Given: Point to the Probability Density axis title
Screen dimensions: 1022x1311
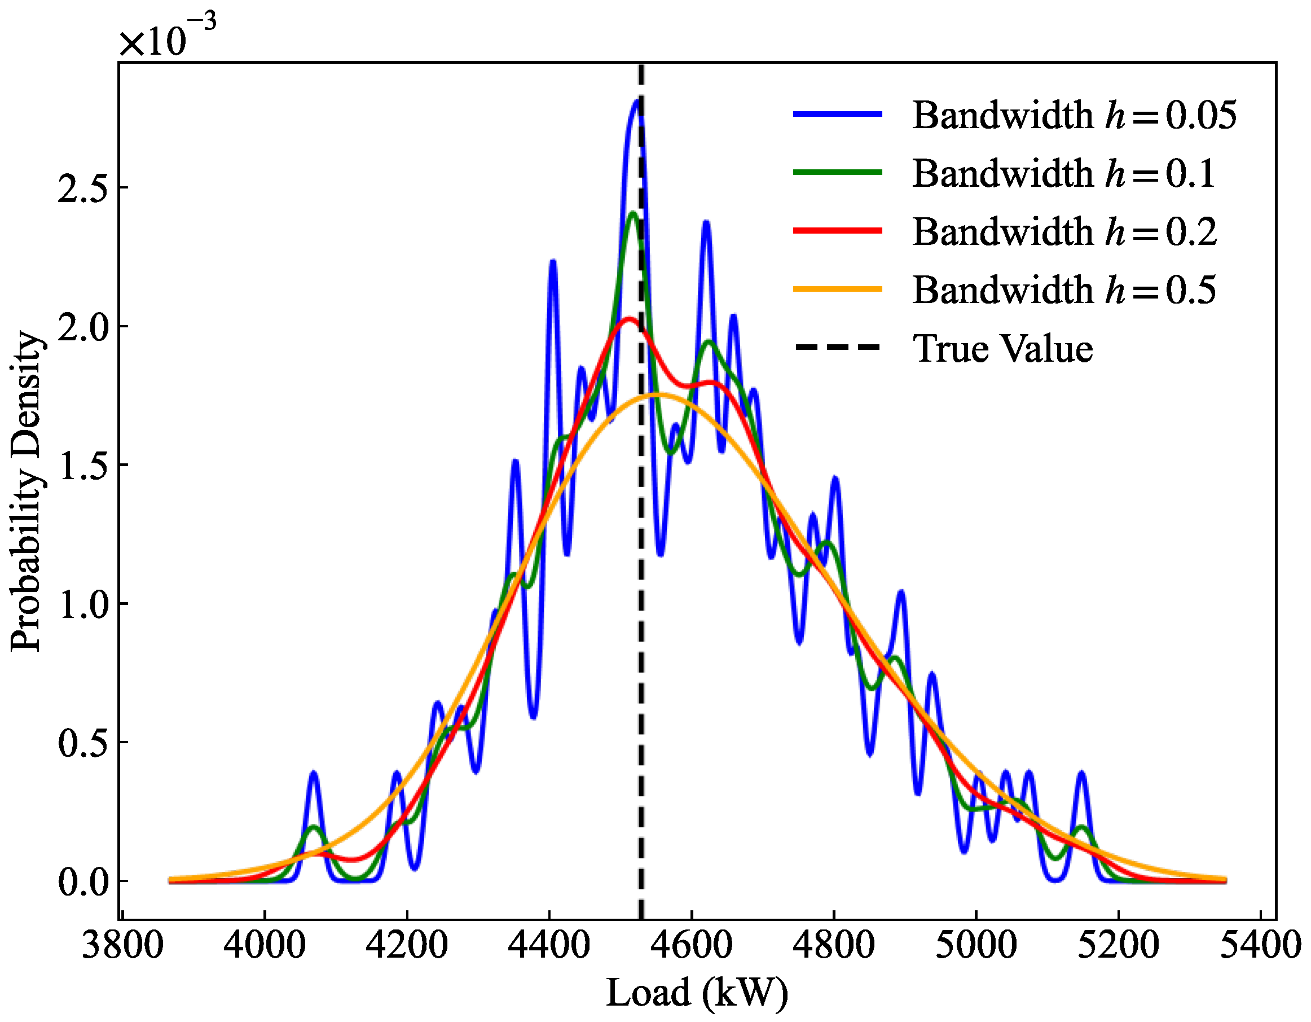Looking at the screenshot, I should pos(27,491).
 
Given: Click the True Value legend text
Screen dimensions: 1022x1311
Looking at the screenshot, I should pos(1002,348).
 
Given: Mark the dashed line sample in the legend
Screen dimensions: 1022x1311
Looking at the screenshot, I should pos(838,348).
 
